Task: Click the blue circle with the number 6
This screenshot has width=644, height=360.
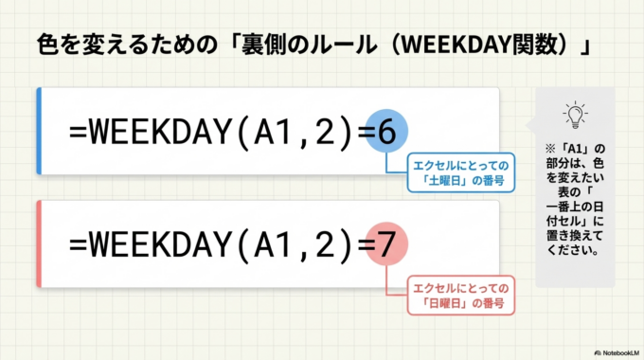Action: [385, 134]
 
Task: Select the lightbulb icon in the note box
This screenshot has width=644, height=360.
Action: [574, 115]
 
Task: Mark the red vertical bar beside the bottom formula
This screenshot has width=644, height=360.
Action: [39, 243]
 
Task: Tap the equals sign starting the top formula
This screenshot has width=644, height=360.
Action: [78, 135]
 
